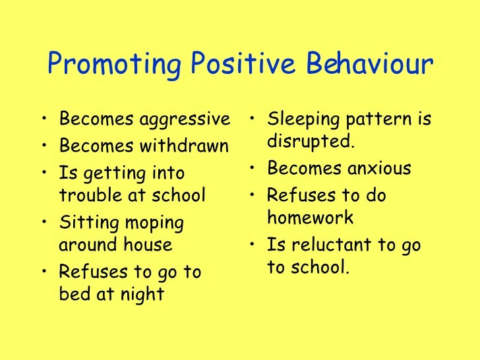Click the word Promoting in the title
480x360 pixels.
coord(113,66)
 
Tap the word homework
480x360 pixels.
coord(311,218)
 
